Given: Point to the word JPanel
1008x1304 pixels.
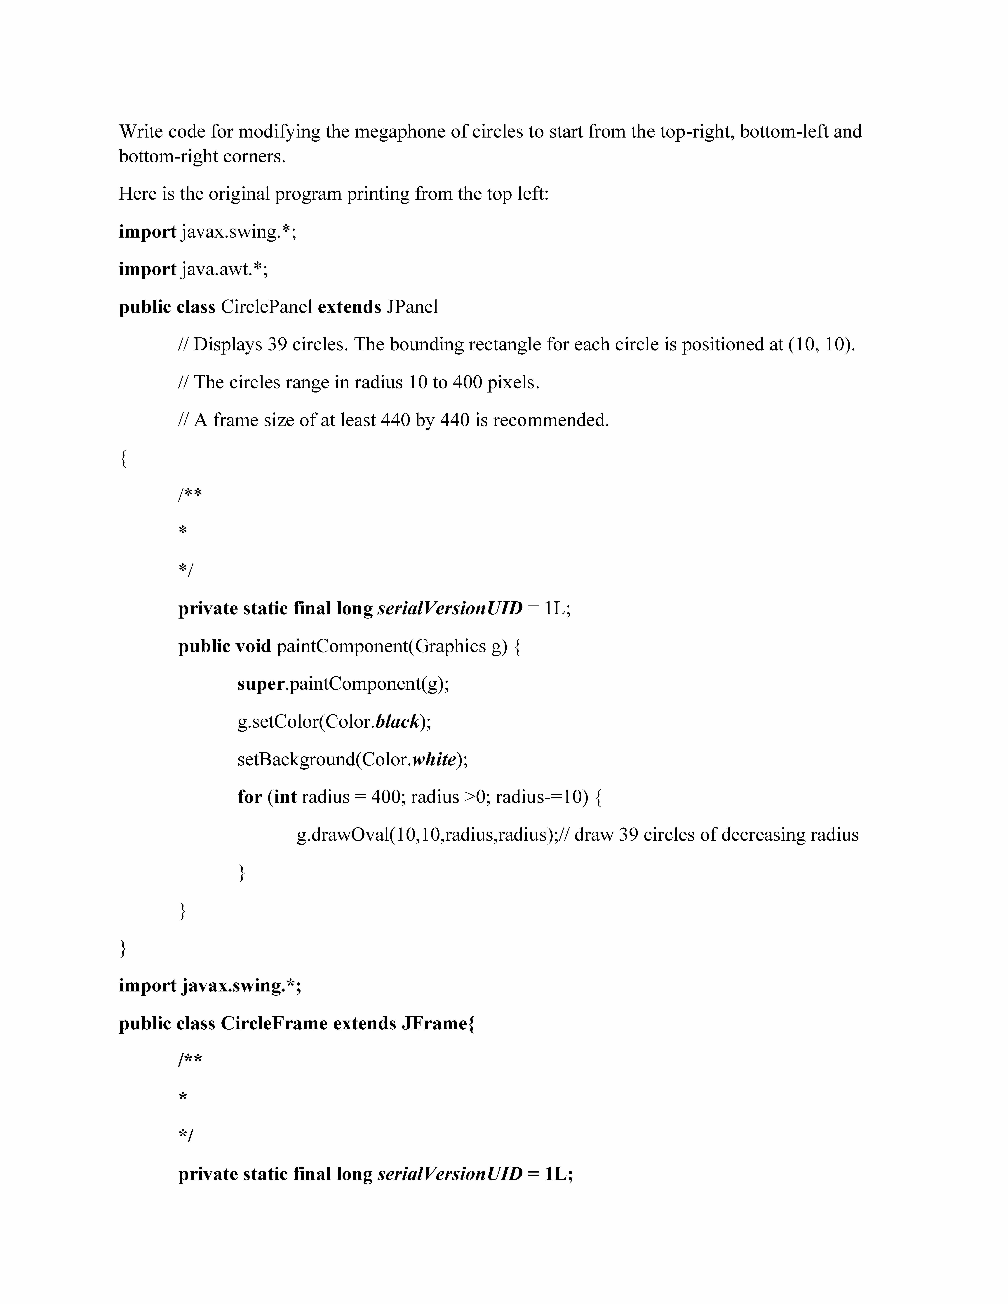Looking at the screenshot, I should coord(412,307).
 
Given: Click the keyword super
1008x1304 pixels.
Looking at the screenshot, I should coord(260,684).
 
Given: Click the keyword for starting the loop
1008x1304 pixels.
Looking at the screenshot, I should coord(250,797).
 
